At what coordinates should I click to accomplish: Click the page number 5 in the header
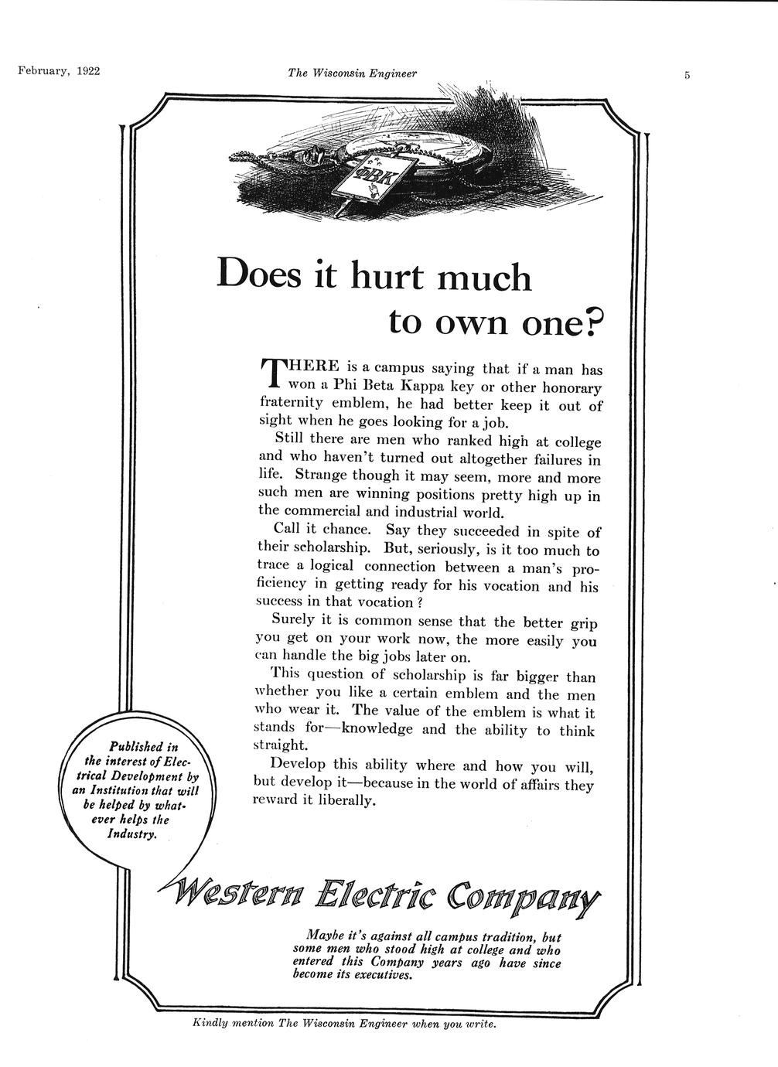click(685, 75)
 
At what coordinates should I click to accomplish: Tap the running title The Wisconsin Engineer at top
click(352, 73)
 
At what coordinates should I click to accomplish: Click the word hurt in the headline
click(387, 276)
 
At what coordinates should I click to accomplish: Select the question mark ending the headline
click(592, 322)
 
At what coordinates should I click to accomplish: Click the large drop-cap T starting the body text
click(271, 373)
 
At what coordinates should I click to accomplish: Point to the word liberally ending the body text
click(345, 801)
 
